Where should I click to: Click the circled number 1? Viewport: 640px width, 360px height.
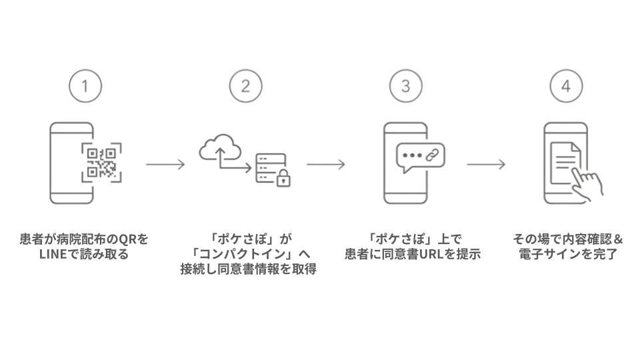(85, 86)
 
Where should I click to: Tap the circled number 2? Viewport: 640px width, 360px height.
(246, 86)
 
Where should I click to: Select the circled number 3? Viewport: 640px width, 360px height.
(406, 86)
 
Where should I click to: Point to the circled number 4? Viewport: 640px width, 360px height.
(566, 86)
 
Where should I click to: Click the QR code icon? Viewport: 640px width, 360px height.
(101, 163)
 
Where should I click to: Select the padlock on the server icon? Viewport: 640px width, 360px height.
(284, 178)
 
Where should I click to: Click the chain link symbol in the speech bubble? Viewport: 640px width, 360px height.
(432, 155)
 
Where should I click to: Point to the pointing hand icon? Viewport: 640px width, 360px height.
(587, 184)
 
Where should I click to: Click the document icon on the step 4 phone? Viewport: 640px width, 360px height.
(565, 163)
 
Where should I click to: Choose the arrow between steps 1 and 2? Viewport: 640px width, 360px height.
(165, 165)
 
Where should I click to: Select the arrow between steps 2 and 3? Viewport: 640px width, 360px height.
(326, 165)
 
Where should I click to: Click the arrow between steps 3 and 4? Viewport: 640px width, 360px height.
(486, 165)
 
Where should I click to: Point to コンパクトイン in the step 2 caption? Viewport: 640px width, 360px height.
(243, 254)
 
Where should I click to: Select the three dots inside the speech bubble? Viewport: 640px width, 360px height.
(412, 155)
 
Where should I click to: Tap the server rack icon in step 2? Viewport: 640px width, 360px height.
(271, 168)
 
